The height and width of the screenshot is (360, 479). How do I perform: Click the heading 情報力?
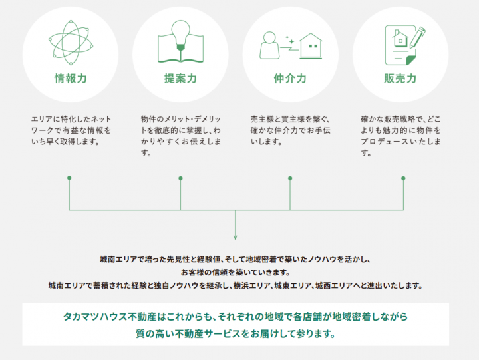tap(71, 79)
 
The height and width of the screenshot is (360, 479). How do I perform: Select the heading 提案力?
tap(180, 79)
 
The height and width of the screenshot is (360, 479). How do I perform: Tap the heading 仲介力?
tap(290, 79)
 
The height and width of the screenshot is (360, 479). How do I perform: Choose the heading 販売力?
tap(400, 79)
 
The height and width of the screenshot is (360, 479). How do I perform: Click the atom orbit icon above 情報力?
tap(70, 42)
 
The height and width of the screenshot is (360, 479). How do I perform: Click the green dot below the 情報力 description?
tap(69, 178)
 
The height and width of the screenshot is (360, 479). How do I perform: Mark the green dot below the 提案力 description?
tap(180, 178)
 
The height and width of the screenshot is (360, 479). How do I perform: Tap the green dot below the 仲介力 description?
tap(290, 178)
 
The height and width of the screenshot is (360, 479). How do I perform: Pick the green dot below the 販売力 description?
tap(403, 178)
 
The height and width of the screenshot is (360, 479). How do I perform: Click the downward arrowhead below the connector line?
tap(236, 236)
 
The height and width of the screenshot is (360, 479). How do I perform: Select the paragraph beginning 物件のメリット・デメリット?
tap(180, 136)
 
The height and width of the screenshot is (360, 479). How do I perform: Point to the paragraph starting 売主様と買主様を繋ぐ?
tap(290, 130)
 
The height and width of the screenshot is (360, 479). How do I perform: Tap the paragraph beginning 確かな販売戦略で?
tap(400, 136)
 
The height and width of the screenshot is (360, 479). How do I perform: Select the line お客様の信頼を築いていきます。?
tap(236, 272)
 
